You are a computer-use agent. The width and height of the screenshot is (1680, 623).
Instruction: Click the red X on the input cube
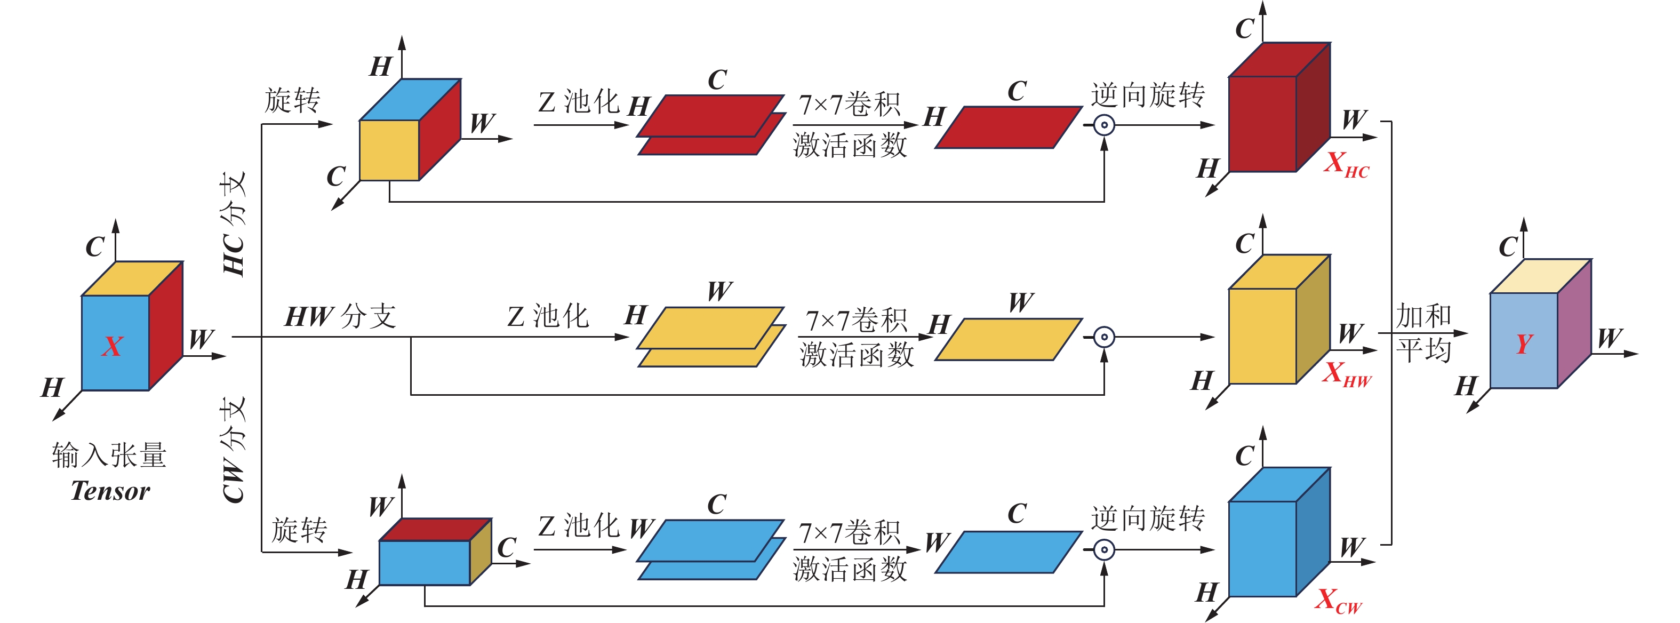click(112, 346)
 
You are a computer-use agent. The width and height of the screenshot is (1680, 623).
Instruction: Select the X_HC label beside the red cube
click(1346, 164)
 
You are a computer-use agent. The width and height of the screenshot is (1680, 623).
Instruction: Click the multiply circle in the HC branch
click(1103, 125)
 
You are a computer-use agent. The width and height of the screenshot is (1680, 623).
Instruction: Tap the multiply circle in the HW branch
click(1103, 337)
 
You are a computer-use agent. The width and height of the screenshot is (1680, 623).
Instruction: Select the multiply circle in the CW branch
click(1103, 550)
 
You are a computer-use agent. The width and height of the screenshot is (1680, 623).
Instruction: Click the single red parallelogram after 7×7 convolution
click(1007, 127)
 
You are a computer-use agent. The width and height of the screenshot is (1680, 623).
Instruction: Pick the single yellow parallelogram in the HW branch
click(1007, 339)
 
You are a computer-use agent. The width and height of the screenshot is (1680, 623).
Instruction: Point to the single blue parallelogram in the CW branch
click(1007, 552)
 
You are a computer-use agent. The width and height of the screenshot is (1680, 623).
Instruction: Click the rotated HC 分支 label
click(234, 224)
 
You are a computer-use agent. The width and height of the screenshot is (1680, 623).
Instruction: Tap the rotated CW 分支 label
click(234, 450)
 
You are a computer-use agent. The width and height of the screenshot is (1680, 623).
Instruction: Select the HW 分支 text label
click(340, 316)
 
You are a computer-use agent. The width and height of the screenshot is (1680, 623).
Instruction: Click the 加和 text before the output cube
click(1423, 316)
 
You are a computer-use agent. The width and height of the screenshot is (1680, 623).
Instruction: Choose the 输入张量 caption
click(109, 454)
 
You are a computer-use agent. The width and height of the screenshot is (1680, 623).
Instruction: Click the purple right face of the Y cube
click(1574, 324)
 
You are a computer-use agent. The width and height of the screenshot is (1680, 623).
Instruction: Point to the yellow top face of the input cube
click(132, 278)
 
